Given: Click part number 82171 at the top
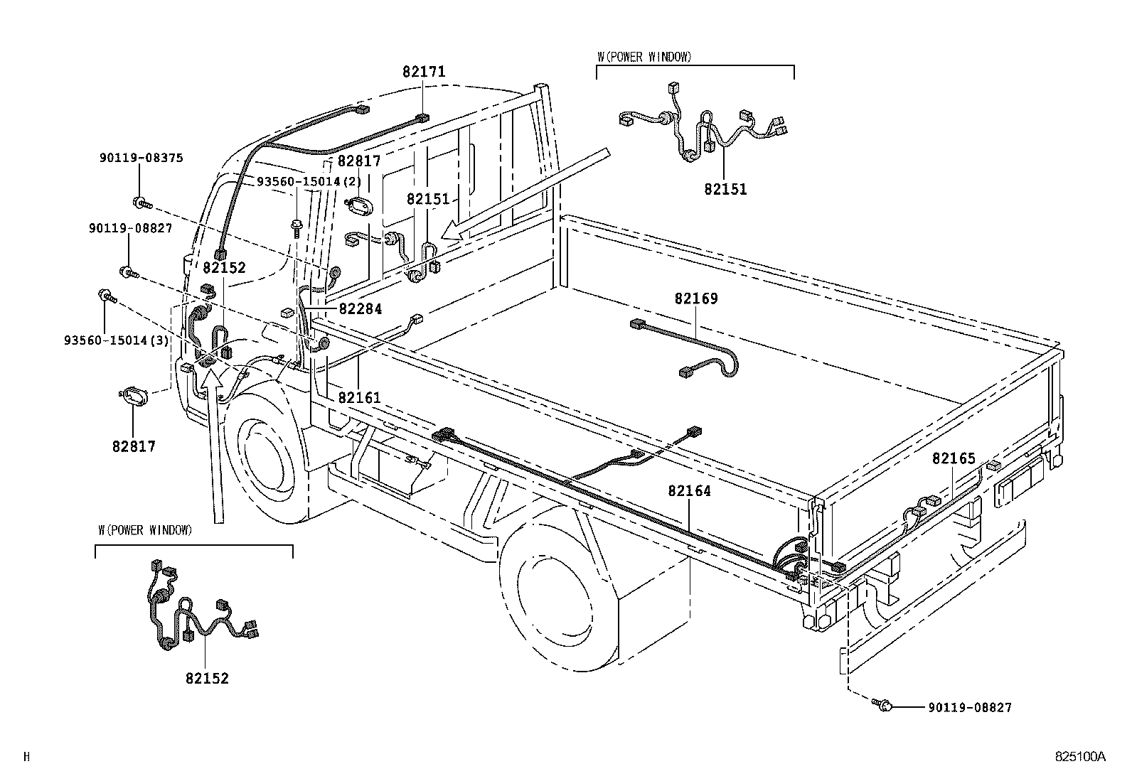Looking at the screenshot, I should (424, 72).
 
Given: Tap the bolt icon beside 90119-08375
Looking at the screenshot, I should (141, 204).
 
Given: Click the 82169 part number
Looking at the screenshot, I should (695, 298).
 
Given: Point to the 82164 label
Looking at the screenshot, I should (688, 491).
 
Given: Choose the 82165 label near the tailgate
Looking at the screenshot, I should (954, 459).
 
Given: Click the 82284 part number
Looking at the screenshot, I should (360, 309).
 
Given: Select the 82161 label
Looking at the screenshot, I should (359, 398).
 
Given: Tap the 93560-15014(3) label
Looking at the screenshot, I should (116, 340).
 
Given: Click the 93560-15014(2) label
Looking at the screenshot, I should (309, 181).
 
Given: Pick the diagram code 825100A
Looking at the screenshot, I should (1080, 757).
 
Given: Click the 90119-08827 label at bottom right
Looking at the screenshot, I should (969, 708).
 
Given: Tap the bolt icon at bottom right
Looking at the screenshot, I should (883, 705).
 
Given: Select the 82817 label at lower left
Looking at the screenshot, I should (133, 446).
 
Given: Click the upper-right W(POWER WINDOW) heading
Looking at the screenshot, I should (644, 58).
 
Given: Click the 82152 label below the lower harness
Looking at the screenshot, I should (207, 679).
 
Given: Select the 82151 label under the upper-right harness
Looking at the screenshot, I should (725, 190).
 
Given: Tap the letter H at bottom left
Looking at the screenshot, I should (27, 757).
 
